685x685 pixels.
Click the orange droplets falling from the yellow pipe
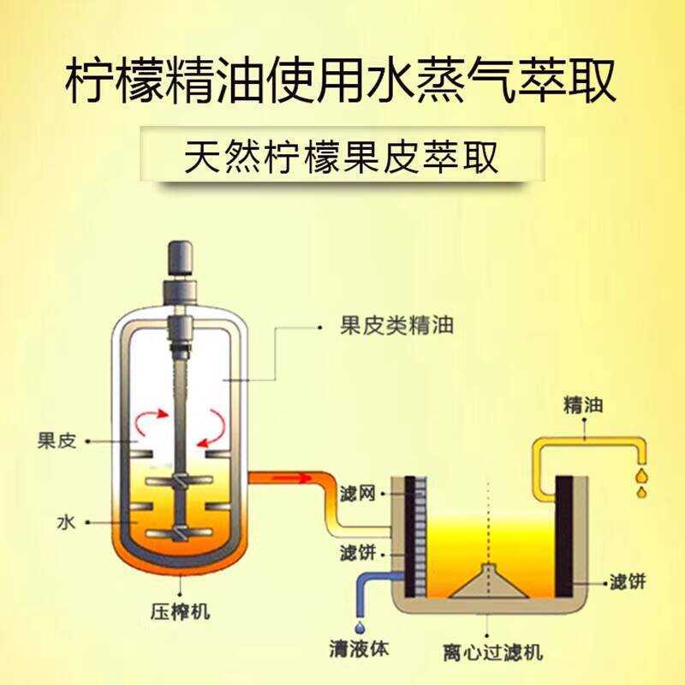[640, 482]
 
